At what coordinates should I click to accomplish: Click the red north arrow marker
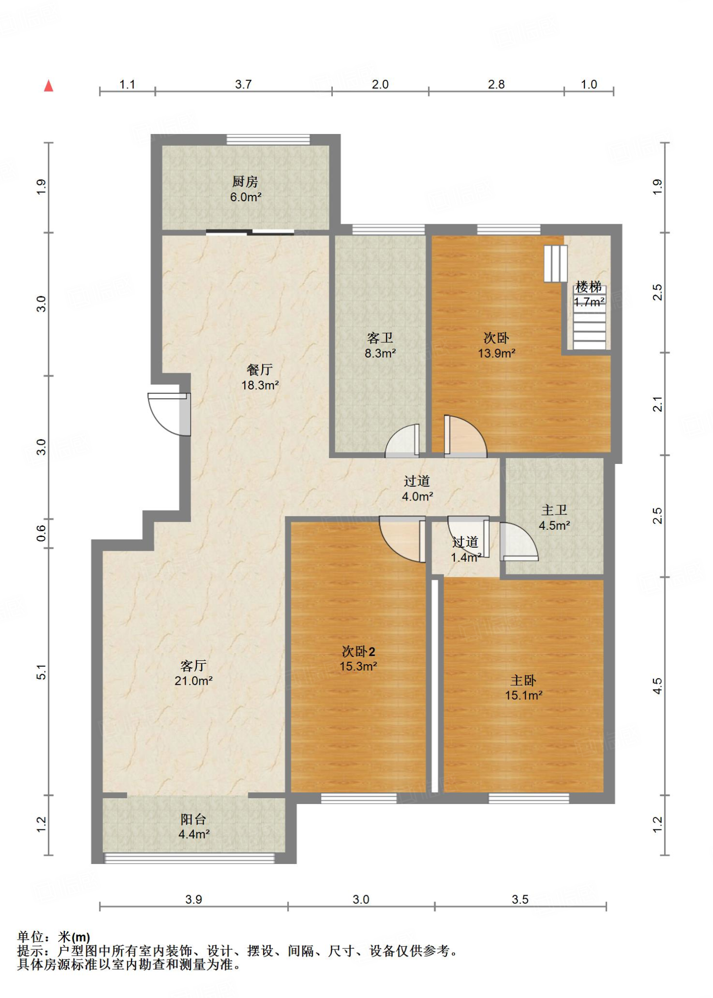click(48, 86)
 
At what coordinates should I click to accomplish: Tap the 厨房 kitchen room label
click(245, 182)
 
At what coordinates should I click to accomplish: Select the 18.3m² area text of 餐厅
click(260, 385)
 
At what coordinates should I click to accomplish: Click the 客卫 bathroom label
click(380, 338)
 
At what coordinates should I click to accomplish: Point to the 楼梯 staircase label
click(588, 287)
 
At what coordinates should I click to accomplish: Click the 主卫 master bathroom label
click(554, 510)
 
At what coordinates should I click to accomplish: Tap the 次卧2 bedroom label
click(358, 651)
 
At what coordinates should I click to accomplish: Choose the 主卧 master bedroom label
click(523, 680)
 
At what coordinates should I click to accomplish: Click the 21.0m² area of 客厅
click(193, 681)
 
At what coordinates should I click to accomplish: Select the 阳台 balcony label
click(193, 819)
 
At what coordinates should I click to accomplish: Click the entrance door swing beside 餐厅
click(169, 414)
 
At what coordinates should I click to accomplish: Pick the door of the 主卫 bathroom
click(519, 541)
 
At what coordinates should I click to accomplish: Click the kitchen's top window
click(268, 139)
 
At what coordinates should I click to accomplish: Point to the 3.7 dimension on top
click(243, 84)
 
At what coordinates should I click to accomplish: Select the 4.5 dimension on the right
click(657, 686)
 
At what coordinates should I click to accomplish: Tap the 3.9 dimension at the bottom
click(193, 899)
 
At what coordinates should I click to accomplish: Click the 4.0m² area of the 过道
click(417, 497)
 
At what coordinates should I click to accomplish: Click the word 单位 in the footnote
click(30, 937)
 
